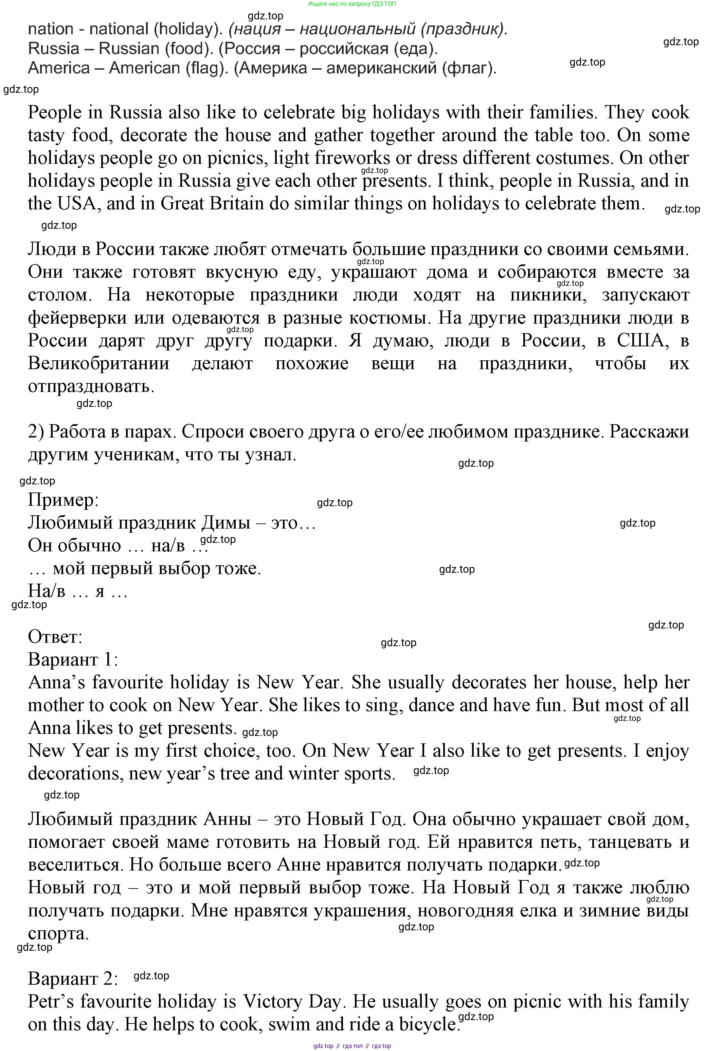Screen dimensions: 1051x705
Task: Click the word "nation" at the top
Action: coord(50,29)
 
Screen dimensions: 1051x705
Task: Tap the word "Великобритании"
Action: coord(98,363)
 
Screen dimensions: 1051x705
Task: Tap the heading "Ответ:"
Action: coord(55,637)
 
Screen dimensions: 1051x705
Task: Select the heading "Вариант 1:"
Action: coord(73,659)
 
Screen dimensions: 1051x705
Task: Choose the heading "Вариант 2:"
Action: coord(73,979)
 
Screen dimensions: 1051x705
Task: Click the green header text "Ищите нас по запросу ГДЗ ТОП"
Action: coord(352,4)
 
